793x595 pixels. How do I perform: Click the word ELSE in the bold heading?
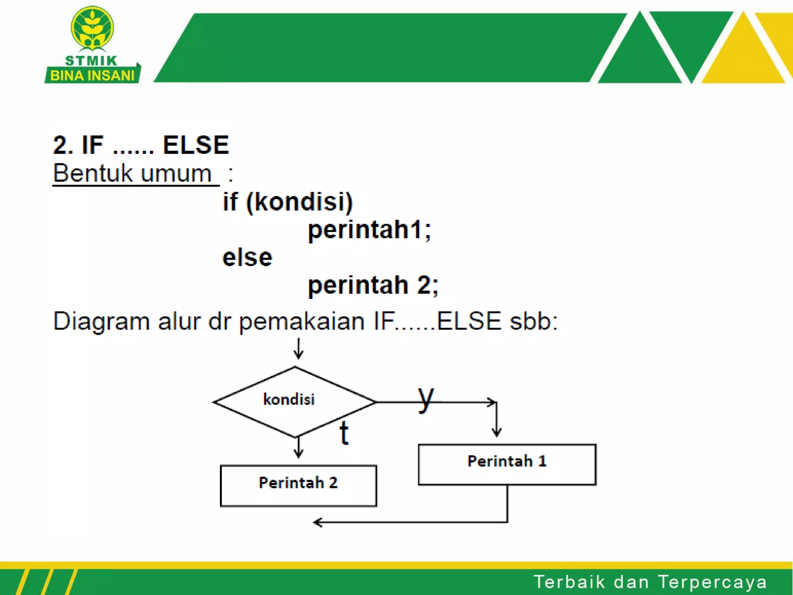click(x=196, y=145)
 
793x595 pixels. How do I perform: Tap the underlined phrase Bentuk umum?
click(x=132, y=173)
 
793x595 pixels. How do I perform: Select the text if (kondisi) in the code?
click(x=288, y=202)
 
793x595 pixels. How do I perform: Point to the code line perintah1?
click(x=369, y=230)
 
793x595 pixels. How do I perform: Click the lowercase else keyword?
click(x=247, y=258)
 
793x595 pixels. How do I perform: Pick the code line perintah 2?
click(x=373, y=285)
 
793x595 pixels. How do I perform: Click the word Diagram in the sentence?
click(x=101, y=322)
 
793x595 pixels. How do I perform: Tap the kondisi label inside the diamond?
click(x=289, y=399)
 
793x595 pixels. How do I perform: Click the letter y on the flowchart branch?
click(x=426, y=399)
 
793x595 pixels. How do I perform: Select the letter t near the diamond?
click(x=344, y=433)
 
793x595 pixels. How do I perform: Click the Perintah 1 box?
click(x=507, y=464)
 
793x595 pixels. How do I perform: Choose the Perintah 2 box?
click(x=298, y=485)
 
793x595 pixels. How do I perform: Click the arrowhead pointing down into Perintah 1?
click(x=497, y=432)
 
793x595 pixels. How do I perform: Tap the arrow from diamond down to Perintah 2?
click(x=298, y=449)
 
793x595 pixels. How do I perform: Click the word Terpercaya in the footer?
click(x=712, y=582)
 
